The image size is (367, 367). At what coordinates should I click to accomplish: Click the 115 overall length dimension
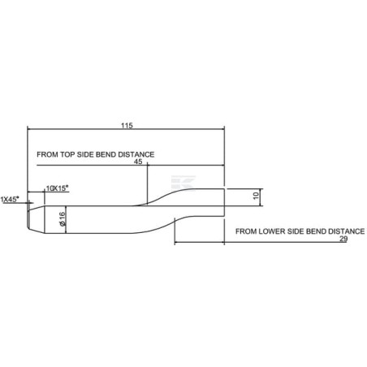(127, 126)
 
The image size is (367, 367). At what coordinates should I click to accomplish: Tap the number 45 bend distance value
(138, 162)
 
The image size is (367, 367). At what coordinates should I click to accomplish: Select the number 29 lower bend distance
(343, 239)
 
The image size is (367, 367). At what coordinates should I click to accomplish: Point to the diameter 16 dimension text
(62, 219)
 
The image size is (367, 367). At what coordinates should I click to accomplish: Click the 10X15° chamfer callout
(57, 188)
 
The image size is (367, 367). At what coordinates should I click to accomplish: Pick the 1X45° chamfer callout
(11, 200)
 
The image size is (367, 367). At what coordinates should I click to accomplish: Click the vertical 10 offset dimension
(257, 195)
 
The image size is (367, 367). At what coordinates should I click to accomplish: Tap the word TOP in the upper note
(67, 154)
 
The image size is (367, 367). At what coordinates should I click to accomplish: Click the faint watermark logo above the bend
(183, 183)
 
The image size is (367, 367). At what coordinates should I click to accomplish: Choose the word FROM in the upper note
(47, 154)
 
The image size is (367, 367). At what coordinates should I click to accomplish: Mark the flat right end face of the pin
(224, 202)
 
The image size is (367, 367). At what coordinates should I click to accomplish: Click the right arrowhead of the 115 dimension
(222, 129)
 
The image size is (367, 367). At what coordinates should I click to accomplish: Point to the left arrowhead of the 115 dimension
(29, 129)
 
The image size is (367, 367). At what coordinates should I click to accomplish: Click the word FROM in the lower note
(246, 231)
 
